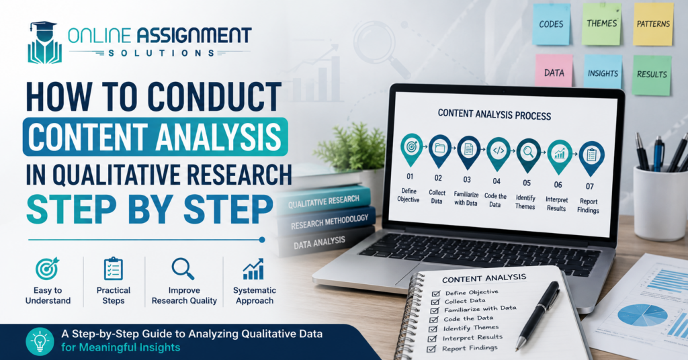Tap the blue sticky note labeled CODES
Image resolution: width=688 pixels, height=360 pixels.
551,24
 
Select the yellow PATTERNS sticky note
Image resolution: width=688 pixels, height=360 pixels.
653,24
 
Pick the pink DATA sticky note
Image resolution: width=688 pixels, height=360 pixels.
554,72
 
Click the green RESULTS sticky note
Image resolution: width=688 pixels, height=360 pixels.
652,75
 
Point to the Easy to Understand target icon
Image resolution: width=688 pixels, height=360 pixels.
47,269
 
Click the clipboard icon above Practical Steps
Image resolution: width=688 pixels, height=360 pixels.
113,269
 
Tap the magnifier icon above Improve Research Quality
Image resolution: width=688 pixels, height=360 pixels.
183,269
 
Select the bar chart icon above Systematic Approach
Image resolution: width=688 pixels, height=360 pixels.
253,269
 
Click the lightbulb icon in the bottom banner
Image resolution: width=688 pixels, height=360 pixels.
40,341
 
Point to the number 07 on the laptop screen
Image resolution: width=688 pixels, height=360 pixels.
590,186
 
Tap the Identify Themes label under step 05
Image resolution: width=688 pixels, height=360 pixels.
525,202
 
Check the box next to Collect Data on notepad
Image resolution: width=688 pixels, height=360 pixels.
435,302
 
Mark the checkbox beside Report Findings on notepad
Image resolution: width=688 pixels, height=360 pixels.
431,349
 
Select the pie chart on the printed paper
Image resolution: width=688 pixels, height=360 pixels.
642,315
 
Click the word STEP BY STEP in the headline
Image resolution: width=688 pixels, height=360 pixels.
150,209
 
